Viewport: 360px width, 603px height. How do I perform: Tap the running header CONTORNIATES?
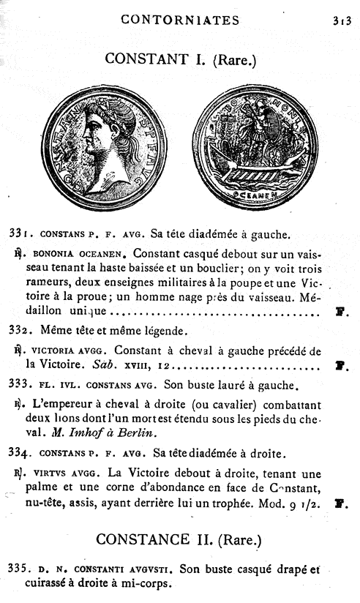[x=179, y=20]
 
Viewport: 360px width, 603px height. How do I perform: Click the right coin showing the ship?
[x=253, y=146]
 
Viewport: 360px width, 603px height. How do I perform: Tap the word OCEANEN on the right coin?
[x=255, y=195]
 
